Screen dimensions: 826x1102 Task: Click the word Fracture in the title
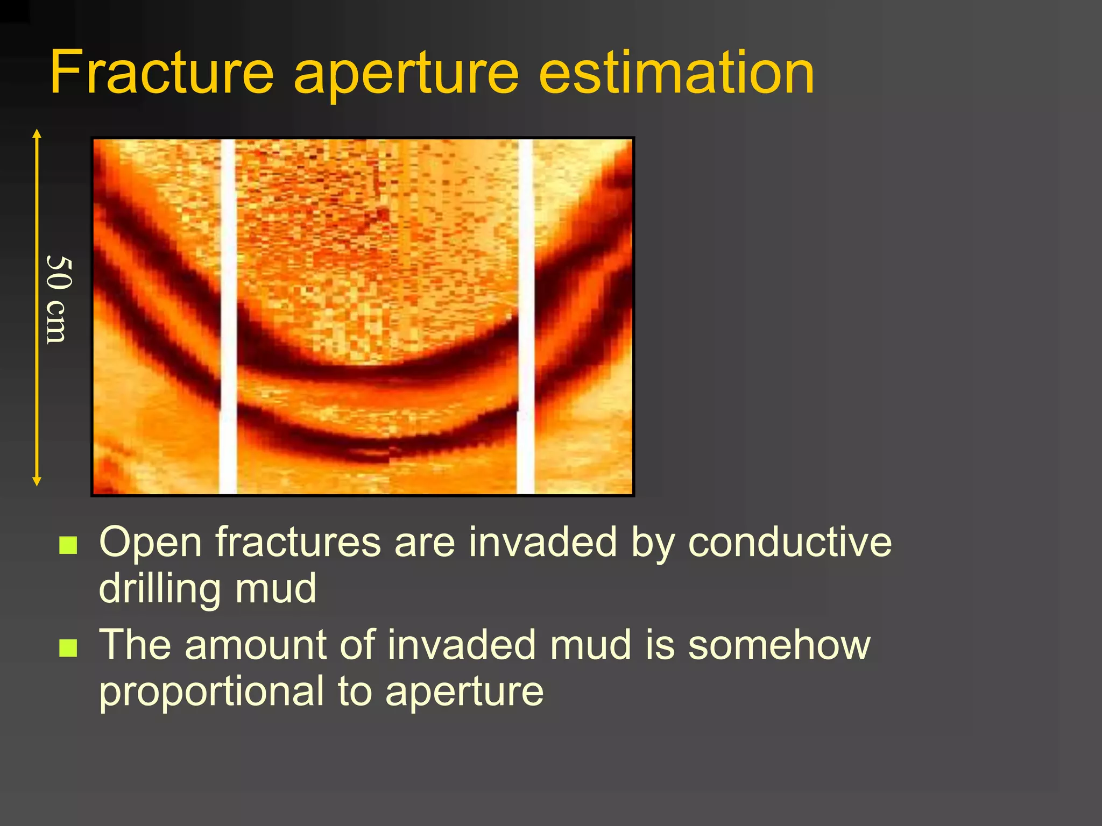pos(161,73)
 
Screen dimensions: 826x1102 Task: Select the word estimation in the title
pos(676,73)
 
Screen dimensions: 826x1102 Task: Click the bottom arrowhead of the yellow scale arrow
pos(37,482)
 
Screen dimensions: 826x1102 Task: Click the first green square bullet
pos(68,545)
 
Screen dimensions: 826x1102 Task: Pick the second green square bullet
pos(68,648)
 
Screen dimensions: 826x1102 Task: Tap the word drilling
pos(160,589)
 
